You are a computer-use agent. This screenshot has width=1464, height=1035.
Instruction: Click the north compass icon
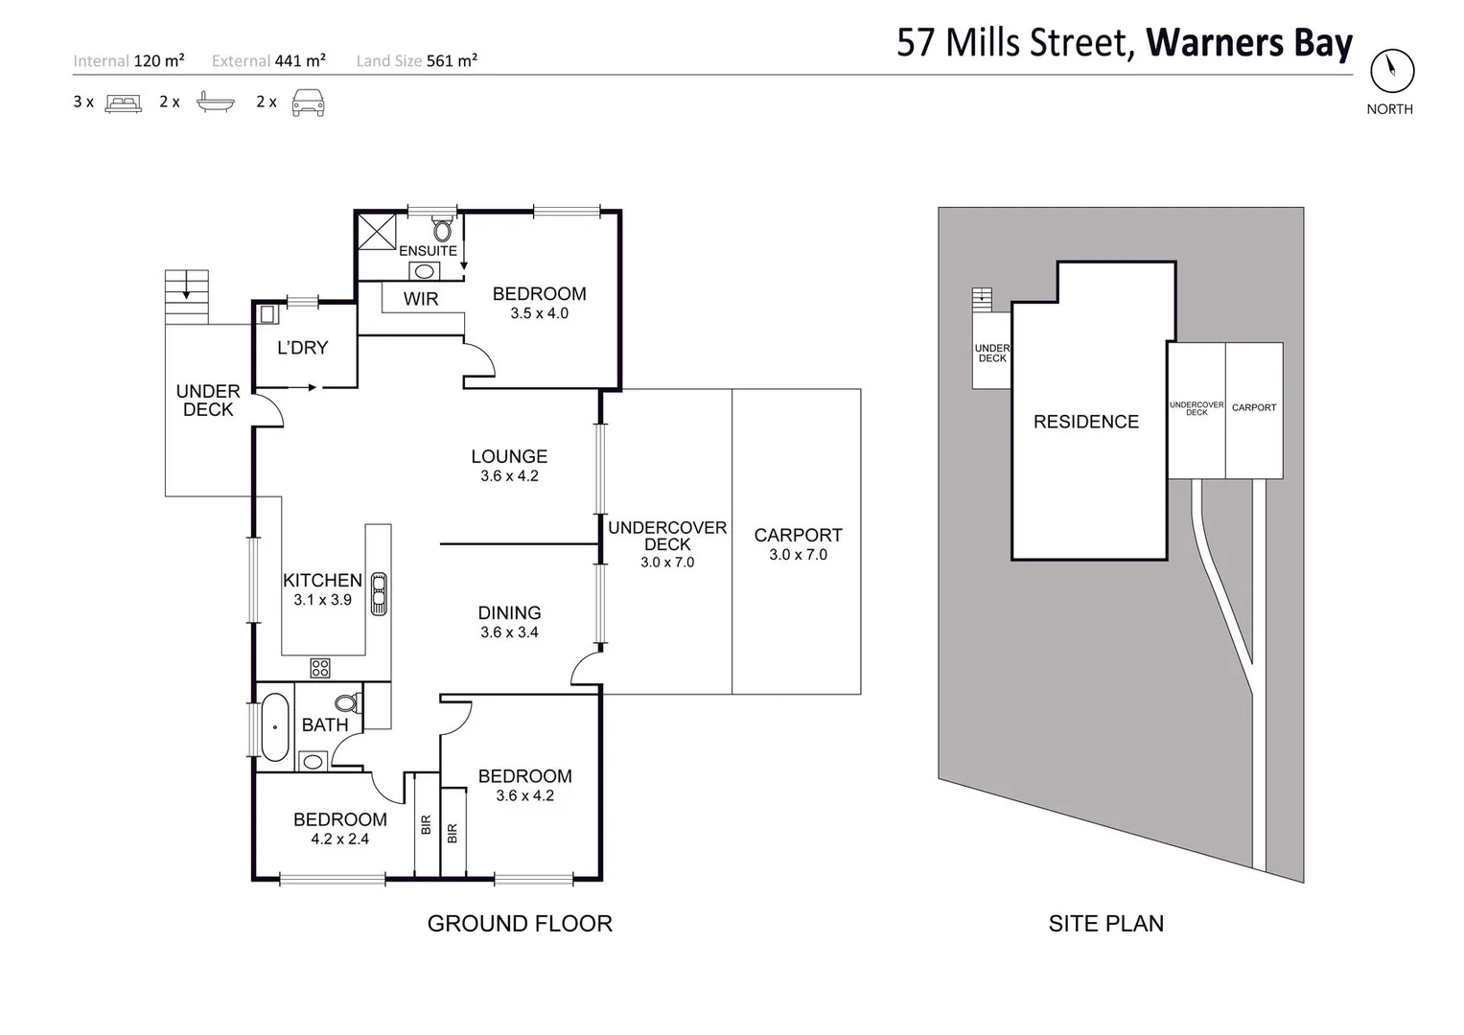[1390, 70]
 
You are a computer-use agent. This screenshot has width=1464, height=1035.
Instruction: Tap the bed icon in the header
[123, 103]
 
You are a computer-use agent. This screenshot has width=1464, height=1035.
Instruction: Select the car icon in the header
[308, 102]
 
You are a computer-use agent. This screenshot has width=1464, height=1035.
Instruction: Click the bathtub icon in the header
[215, 102]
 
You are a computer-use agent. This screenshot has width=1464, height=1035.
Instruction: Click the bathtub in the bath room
[274, 726]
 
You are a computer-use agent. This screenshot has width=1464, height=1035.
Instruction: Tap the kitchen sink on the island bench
[379, 593]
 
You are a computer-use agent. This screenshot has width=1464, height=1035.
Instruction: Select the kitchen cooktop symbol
[320, 667]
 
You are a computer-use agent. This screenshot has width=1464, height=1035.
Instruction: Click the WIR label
[420, 299]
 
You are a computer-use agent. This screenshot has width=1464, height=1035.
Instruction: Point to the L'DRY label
[302, 348]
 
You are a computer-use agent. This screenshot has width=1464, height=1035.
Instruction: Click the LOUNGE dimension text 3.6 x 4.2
[509, 476]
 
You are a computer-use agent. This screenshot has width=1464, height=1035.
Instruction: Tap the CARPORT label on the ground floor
[798, 536]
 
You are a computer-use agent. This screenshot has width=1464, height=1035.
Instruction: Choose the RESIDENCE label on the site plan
[1085, 422]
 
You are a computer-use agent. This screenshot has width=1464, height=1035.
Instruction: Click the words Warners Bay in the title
[1248, 43]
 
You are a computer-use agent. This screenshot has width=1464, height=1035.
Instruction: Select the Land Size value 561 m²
[452, 61]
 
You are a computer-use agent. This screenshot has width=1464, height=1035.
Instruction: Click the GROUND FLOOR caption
[520, 924]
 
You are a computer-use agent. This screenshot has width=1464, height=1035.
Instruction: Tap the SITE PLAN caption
[1105, 924]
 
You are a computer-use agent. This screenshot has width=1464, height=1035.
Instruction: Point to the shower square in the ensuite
[377, 232]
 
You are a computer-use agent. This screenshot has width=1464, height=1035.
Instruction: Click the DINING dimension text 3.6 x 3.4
[509, 632]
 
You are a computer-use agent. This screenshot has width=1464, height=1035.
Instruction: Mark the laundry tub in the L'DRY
[267, 313]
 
